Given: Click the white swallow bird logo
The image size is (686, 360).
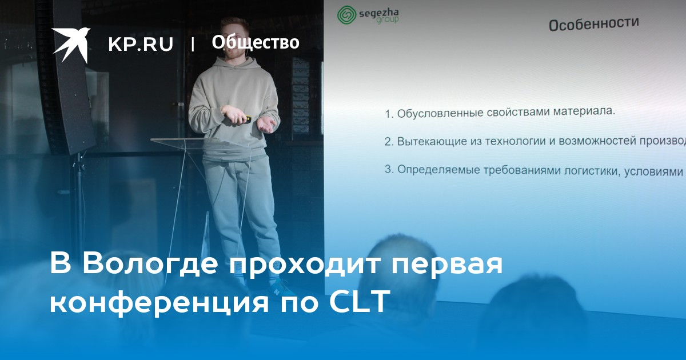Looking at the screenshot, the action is tap(71, 45).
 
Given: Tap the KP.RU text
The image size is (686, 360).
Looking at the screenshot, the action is tap(141, 44).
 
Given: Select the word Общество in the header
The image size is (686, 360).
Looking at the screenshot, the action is tap(256, 42).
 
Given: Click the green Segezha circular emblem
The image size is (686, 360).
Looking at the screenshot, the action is tap(346, 15).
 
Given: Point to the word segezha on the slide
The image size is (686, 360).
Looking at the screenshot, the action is tap(378, 13).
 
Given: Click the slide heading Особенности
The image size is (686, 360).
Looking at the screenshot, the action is tap(593, 24).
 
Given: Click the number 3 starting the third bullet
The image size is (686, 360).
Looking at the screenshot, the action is tap(388, 169).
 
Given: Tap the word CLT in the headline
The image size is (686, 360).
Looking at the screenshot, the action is tap(360, 302).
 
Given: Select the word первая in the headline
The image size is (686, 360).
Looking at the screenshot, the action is tap(448, 265).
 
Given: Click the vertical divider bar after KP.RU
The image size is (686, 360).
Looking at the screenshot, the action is tap(193, 45).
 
